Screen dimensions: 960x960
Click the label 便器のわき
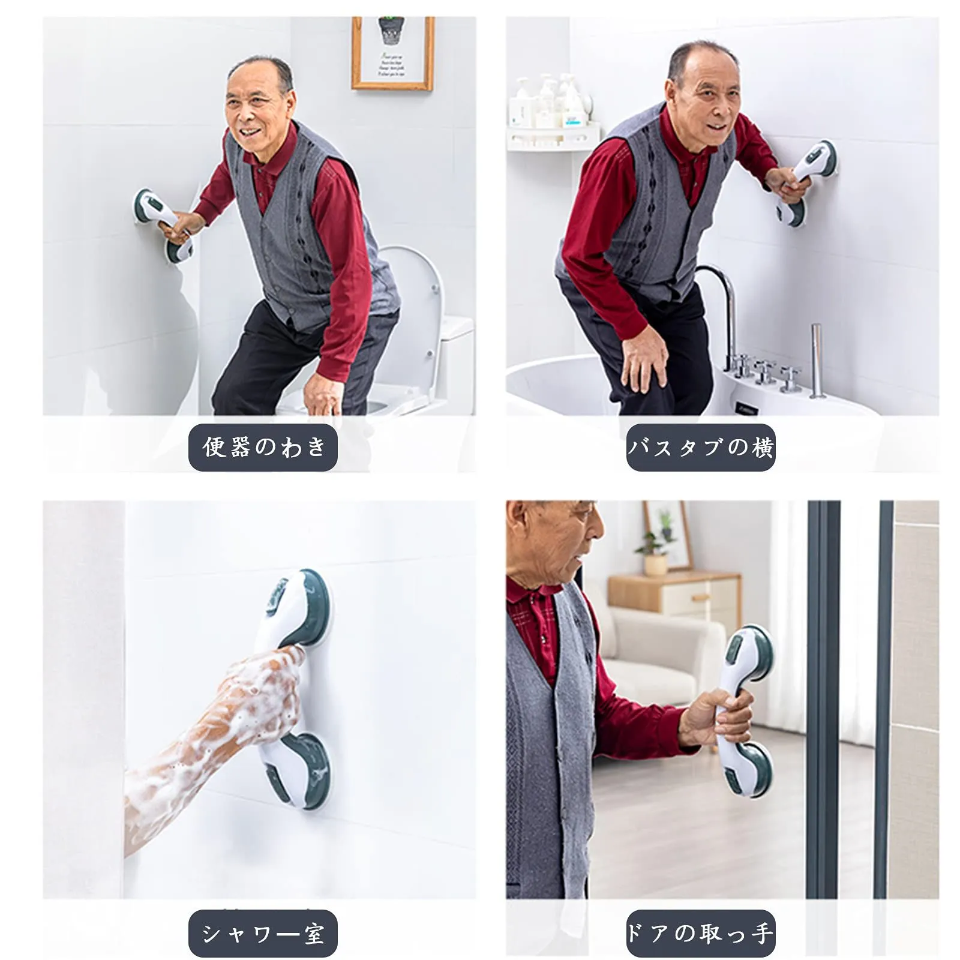click(263, 448)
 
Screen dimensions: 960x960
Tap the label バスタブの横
click(701, 448)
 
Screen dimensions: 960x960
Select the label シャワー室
click(263, 934)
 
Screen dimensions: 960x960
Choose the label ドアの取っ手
click(701, 934)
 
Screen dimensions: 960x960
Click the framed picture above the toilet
click(393, 53)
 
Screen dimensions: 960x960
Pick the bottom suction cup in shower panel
click(300, 771)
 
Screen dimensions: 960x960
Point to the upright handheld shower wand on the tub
click(816, 360)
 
